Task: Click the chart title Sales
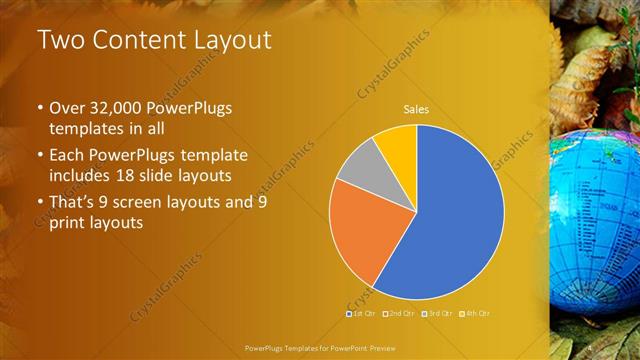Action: (416, 109)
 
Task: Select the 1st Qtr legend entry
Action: (361, 313)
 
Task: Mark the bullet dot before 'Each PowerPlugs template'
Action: (40, 157)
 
